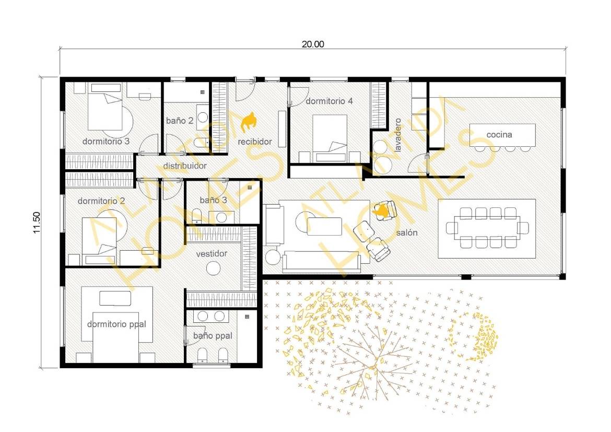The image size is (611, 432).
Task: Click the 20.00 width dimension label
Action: (312, 44)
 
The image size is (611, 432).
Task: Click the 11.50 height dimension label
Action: (37, 222)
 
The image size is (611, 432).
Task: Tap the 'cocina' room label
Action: (499, 135)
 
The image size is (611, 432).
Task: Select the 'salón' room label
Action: (407, 232)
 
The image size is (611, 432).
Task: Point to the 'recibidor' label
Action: (255, 142)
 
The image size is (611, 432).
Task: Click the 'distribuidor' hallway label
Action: (185, 166)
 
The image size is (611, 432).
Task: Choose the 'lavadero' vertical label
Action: (398, 135)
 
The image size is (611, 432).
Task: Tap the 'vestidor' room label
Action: (211, 254)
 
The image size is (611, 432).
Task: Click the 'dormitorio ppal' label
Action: (116, 324)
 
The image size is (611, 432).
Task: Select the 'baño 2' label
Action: (180, 121)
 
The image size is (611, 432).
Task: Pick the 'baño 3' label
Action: (213, 200)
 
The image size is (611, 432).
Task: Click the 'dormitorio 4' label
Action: (330, 101)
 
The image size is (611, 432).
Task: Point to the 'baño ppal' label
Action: (213, 336)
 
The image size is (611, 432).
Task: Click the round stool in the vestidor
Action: (213, 268)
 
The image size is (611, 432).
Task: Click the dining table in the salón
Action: (487, 228)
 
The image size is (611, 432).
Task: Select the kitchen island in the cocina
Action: (502, 135)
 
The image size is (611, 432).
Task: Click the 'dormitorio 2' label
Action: (101, 201)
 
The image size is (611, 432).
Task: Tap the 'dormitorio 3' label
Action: (106, 141)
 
